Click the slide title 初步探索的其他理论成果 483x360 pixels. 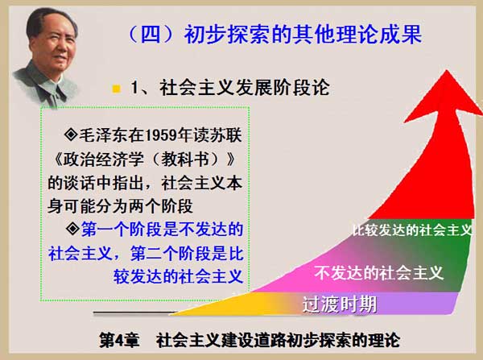[303, 34]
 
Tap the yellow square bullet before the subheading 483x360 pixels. [117, 89]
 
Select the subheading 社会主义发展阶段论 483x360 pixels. [245, 88]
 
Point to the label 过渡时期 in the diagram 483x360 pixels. [340, 304]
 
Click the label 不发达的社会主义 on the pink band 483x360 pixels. [379, 273]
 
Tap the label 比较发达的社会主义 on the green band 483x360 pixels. [412, 230]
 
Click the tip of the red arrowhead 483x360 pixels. [446, 71]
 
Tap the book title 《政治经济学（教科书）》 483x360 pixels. [144, 159]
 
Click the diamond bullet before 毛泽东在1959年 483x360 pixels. [71, 134]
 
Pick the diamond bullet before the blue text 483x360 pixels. [72, 229]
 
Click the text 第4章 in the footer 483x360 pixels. [119, 340]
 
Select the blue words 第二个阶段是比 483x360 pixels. [187, 254]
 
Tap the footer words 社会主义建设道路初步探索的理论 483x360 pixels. [279, 340]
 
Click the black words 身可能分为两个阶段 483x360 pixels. [120, 206]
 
